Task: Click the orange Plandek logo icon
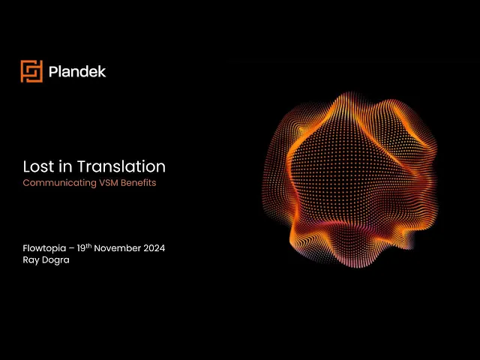click(31, 71)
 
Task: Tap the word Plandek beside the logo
click(77, 72)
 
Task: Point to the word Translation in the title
click(121, 166)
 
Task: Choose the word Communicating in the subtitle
click(60, 183)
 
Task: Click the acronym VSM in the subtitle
click(109, 183)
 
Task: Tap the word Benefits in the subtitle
click(139, 183)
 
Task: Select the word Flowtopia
click(44, 248)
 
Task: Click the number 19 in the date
click(81, 248)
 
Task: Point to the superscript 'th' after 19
click(88, 246)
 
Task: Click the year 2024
click(154, 248)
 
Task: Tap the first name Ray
click(31, 260)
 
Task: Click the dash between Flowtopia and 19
click(71, 248)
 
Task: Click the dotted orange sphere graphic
click(349, 180)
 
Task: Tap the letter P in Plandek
click(53, 72)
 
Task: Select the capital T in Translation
click(82, 166)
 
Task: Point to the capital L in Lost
click(27, 166)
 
